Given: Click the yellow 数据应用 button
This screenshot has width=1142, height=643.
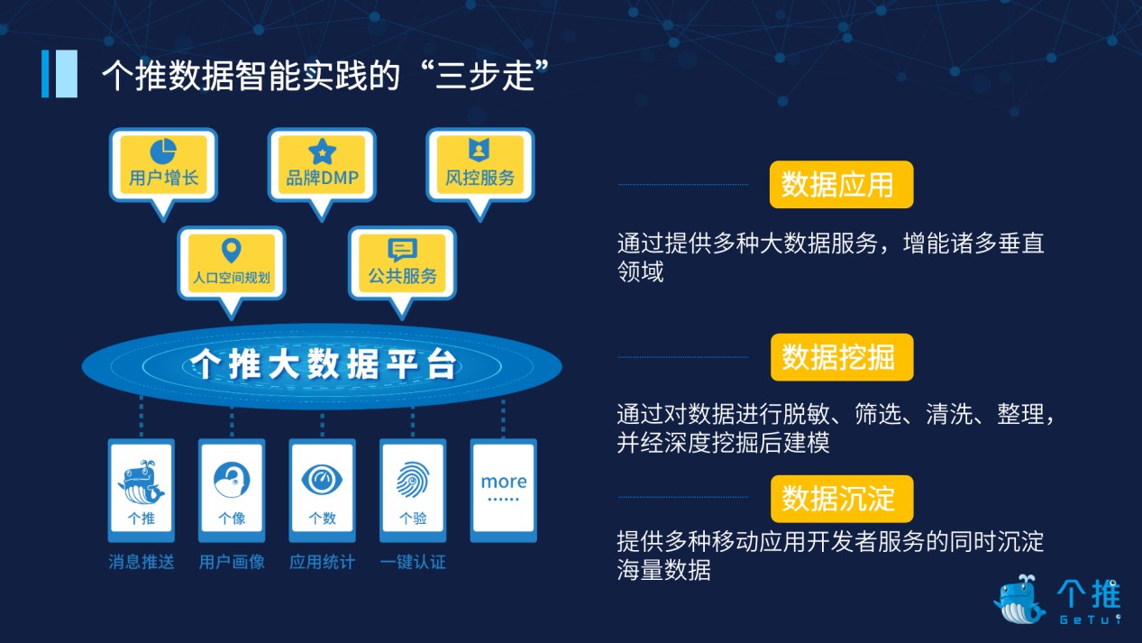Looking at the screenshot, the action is pos(841,184).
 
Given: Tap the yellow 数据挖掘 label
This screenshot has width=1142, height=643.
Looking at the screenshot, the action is pos(842,357).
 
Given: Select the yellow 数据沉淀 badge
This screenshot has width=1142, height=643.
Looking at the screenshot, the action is pos(842,499).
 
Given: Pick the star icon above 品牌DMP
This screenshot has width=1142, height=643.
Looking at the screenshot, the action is pos(322,152).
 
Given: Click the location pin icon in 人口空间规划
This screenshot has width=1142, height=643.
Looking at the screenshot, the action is pos(232,251).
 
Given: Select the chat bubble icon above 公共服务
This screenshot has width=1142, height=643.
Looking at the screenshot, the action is pos(402,249).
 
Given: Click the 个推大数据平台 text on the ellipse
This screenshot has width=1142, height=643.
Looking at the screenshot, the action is pos(322,364).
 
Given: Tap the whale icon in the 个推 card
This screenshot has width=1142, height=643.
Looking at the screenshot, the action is pos(141,482).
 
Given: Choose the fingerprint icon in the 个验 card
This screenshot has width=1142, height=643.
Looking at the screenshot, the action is pos(413,479).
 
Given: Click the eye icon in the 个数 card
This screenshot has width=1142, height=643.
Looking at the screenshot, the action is pos(322,480).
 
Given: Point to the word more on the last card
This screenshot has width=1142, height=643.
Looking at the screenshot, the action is pos(504,482).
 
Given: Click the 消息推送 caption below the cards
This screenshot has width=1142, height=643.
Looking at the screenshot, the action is pos(142,562).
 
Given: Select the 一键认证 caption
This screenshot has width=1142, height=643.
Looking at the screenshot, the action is pos(413,562).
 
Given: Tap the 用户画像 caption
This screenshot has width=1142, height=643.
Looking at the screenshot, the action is pos(232,562).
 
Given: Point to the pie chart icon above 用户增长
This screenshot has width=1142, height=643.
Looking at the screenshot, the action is pos(163,152).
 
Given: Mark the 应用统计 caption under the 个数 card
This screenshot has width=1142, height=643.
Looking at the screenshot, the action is pos(322,562).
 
